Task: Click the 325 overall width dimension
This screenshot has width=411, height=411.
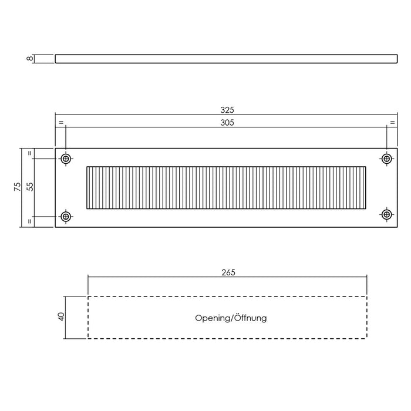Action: (227, 110)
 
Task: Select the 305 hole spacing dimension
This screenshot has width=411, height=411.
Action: (227, 123)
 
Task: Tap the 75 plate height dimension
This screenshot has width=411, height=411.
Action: (18, 187)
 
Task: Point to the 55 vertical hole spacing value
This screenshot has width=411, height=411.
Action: (31, 187)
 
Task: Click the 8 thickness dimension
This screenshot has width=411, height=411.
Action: (28, 59)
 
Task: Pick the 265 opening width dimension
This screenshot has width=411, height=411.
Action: (227, 272)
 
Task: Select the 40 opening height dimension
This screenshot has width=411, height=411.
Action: (61, 317)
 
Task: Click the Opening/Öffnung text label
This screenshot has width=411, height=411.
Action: (231, 318)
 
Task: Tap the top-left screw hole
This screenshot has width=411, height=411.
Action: (66, 159)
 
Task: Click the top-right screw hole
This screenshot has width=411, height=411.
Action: (386, 159)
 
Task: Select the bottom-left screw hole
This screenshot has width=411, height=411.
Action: (66, 215)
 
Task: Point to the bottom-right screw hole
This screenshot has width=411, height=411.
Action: (386, 215)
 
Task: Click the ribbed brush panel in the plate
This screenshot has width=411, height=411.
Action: (226, 187)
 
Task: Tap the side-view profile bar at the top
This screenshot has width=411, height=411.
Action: (226, 59)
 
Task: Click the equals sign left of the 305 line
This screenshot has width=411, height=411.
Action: (60, 123)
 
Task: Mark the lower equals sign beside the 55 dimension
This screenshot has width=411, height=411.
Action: (31, 221)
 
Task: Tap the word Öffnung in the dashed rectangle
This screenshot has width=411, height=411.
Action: (250, 318)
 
